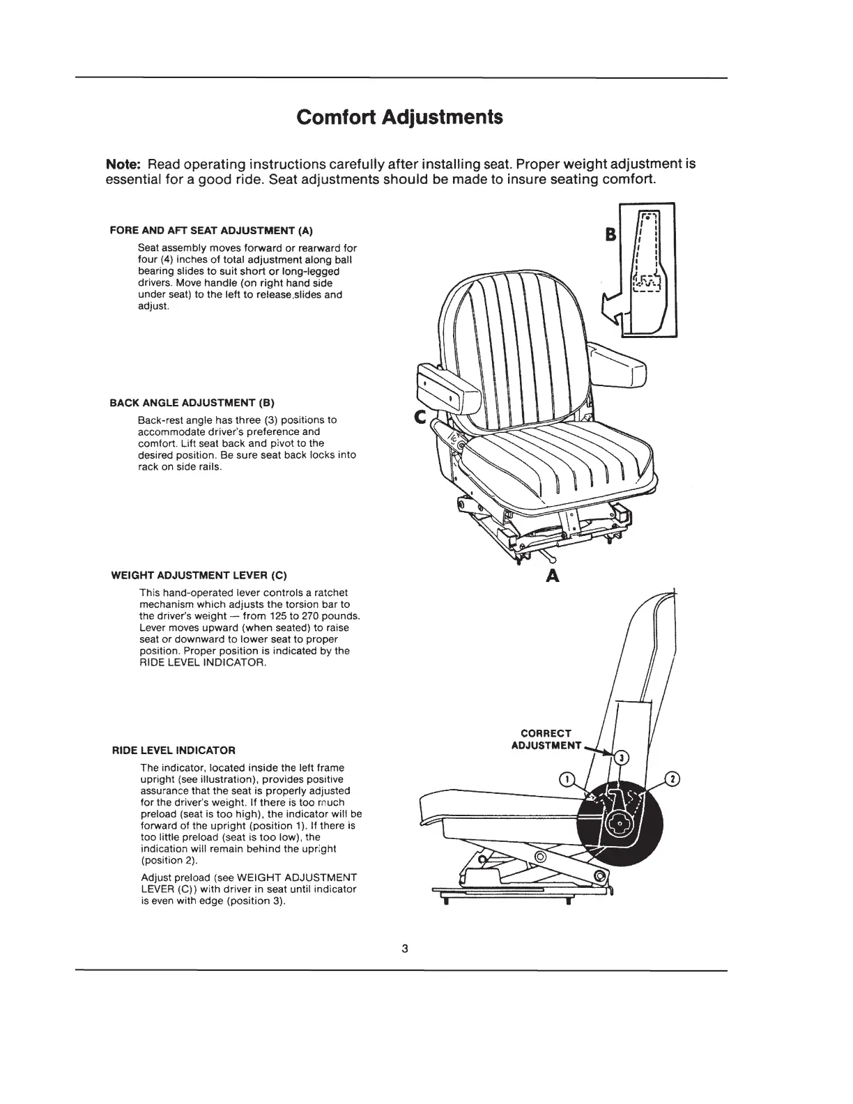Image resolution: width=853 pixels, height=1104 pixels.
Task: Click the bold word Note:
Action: [123, 165]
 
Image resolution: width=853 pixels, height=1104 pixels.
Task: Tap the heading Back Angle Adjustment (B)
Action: [193, 403]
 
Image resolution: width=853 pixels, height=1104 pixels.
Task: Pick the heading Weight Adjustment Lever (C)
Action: [199, 576]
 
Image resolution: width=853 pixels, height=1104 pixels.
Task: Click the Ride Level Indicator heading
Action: [174, 751]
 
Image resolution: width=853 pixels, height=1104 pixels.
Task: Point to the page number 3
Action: [404, 949]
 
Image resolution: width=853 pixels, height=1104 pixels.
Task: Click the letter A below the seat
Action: [553, 576]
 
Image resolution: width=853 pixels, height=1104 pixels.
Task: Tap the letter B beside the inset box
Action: [613, 235]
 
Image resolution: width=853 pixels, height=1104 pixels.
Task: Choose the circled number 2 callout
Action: [673, 779]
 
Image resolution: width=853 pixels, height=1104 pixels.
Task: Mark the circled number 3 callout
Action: [624, 757]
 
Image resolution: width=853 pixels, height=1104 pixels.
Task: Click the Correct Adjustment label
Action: [546, 739]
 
